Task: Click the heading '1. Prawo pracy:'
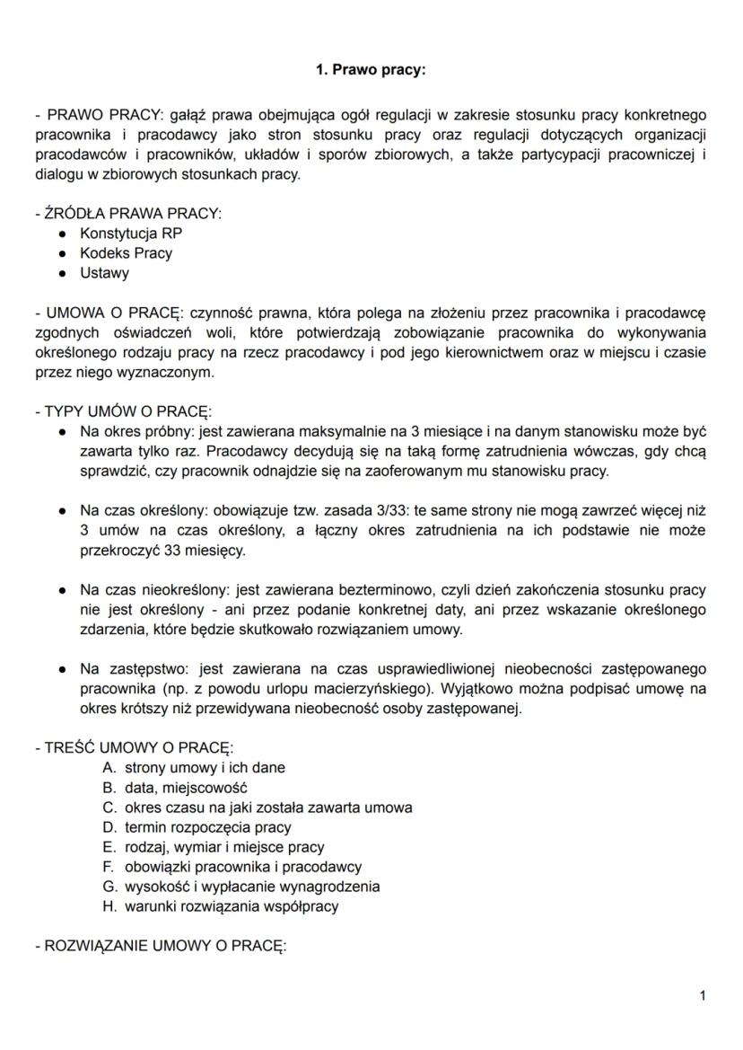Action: (x=371, y=69)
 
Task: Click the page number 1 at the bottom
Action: (x=702, y=995)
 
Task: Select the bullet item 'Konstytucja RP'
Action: (x=131, y=234)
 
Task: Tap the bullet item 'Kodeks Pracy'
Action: (x=126, y=253)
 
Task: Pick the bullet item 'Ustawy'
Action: (x=104, y=273)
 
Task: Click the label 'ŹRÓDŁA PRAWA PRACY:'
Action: (x=132, y=214)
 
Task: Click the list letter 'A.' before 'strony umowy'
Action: (x=110, y=768)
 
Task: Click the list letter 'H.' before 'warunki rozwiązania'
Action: (x=110, y=906)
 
